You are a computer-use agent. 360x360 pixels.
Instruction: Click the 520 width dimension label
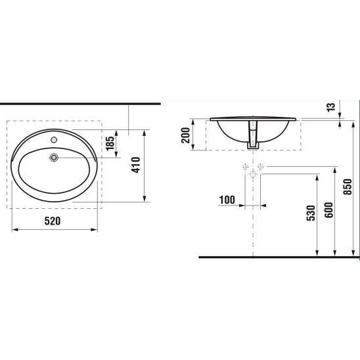[x=53, y=221]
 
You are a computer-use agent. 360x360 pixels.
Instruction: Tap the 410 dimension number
[x=136, y=165]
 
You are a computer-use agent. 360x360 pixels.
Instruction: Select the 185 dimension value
[x=110, y=143]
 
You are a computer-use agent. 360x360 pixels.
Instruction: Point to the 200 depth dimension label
[x=186, y=135]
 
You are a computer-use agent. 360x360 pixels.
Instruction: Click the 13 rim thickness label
[x=331, y=108]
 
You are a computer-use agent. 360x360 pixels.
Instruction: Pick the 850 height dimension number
[x=348, y=187]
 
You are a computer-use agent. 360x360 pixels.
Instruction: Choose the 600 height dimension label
[x=328, y=210]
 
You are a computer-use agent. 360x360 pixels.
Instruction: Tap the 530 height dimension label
[x=311, y=214]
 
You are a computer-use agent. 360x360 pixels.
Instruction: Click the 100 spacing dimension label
[x=227, y=200]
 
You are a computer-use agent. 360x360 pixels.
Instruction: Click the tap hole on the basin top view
[x=54, y=139]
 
